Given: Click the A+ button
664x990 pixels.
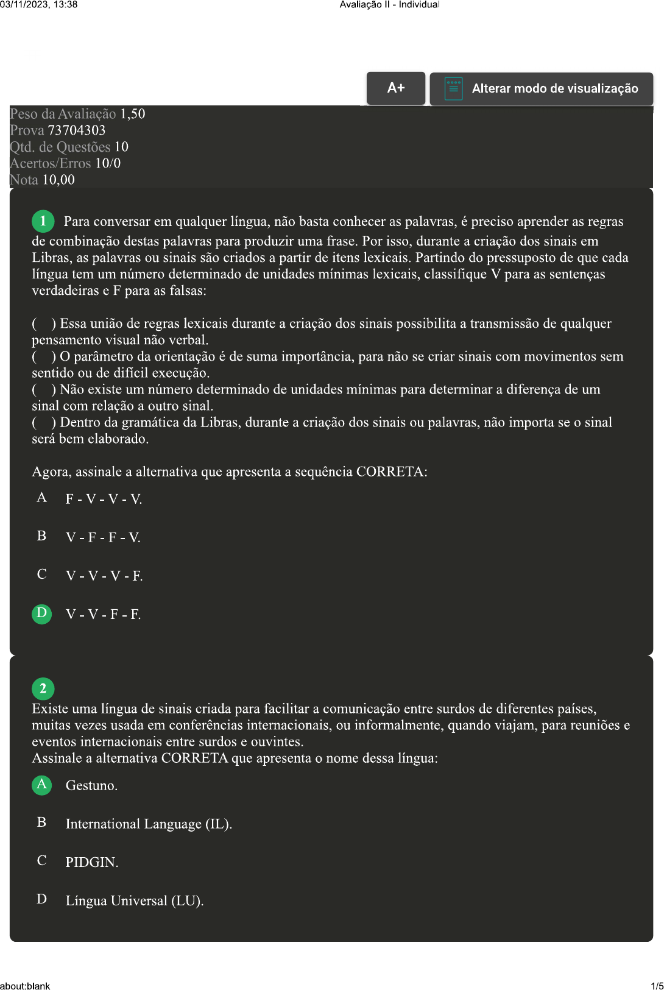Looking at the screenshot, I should pyautogui.click(x=396, y=88).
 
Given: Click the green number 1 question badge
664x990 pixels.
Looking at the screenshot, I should pyautogui.click(x=43, y=221).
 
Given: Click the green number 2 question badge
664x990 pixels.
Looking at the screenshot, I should pyautogui.click(x=43, y=689).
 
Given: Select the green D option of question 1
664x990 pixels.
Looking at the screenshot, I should pyautogui.click(x=41, y=613).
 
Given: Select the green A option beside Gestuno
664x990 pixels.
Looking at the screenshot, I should pyautogui.click(x=41, y=785).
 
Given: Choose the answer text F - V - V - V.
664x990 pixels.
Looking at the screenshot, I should pyautogui.click(x=104, y=500).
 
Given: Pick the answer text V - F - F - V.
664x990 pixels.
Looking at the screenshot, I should pyautogui.click(x=103, y=538).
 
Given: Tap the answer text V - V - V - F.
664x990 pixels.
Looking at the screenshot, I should pyautogui.click(x=104, y=576).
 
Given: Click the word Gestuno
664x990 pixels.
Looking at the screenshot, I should pyautogui.click(x=91, y=786).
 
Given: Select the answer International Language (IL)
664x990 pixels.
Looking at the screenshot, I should pyautogui.click(x=149, y=824).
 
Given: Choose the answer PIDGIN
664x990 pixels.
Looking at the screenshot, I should pyautogui.click(x=92, y=863).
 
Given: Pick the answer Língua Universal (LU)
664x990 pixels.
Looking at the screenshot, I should pyautogui.click(x=135, y=901).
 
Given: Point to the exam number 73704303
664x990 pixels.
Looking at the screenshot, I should pyautogui.click(x=77, y=130).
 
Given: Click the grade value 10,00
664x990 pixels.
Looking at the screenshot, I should pyautogui.click(x=58, y=180).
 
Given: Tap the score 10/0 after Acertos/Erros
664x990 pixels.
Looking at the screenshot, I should pyautogui.click(x=108, y=163).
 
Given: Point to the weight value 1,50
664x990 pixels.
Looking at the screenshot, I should pyautogui.click(x=133, y=114).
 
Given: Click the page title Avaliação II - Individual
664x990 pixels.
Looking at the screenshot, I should pyautogui.click(x=389, y=5).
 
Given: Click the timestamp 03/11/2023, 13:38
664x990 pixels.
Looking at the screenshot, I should pyautogui.click(x=39, y=5).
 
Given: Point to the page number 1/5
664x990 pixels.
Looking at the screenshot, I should pyautogui.click(x=657, y=986).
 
